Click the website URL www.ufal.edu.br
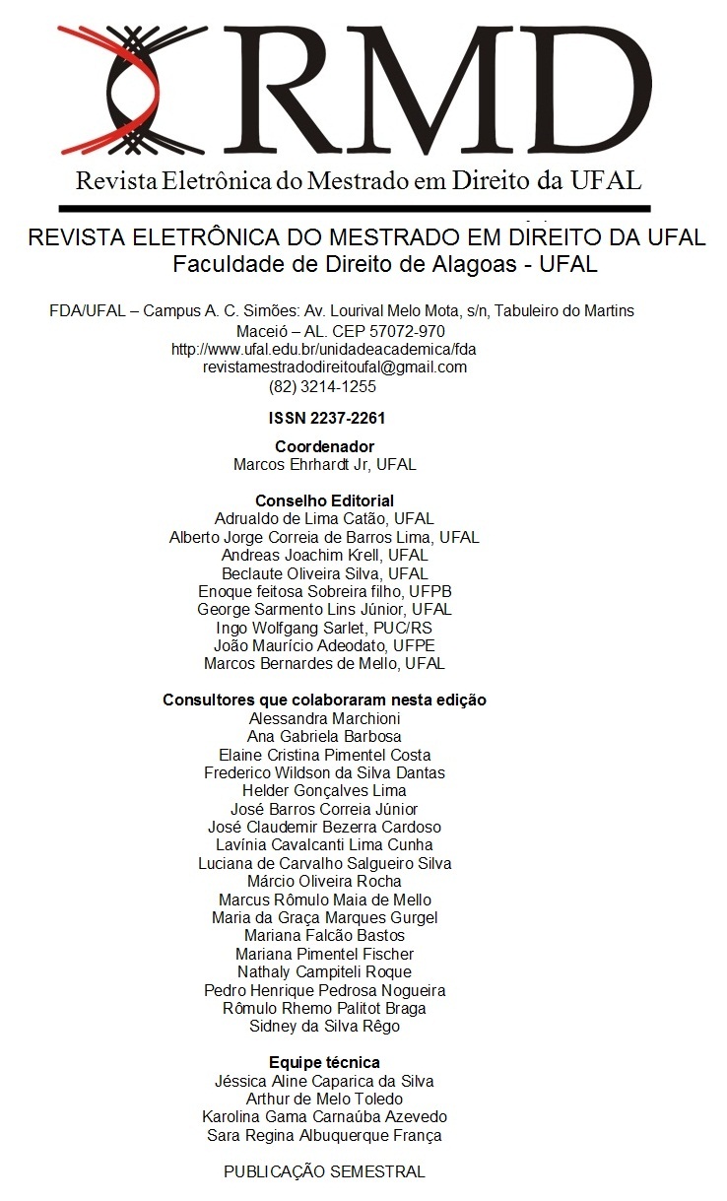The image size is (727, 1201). coord(323,349)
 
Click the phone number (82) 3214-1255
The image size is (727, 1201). coord(322,385)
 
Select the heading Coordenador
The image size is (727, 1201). coord(324,446)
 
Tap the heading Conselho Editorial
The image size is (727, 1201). coord(324,500)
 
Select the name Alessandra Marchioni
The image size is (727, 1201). coord(324,718)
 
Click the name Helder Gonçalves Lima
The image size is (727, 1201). coord(324,790)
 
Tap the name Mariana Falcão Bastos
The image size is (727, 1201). coord(324,935)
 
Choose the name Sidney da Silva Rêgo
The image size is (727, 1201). coord(324,1026)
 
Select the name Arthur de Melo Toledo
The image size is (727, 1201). coord(324,1099)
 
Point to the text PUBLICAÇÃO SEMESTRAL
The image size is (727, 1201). coord(324,1171)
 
